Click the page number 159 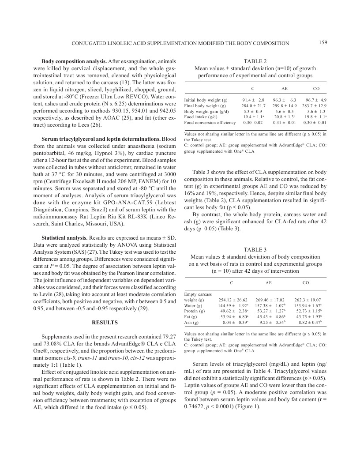[x=322, y=42]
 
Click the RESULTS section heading [x=105, y=323]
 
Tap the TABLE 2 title [x=255, y=61]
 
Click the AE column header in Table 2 [x=284, y=89]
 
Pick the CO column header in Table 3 [x=306, y=282]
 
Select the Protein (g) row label [x=194, y=311]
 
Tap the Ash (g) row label [x=191, y=323]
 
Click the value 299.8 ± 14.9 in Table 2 [x=284, y=106]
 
